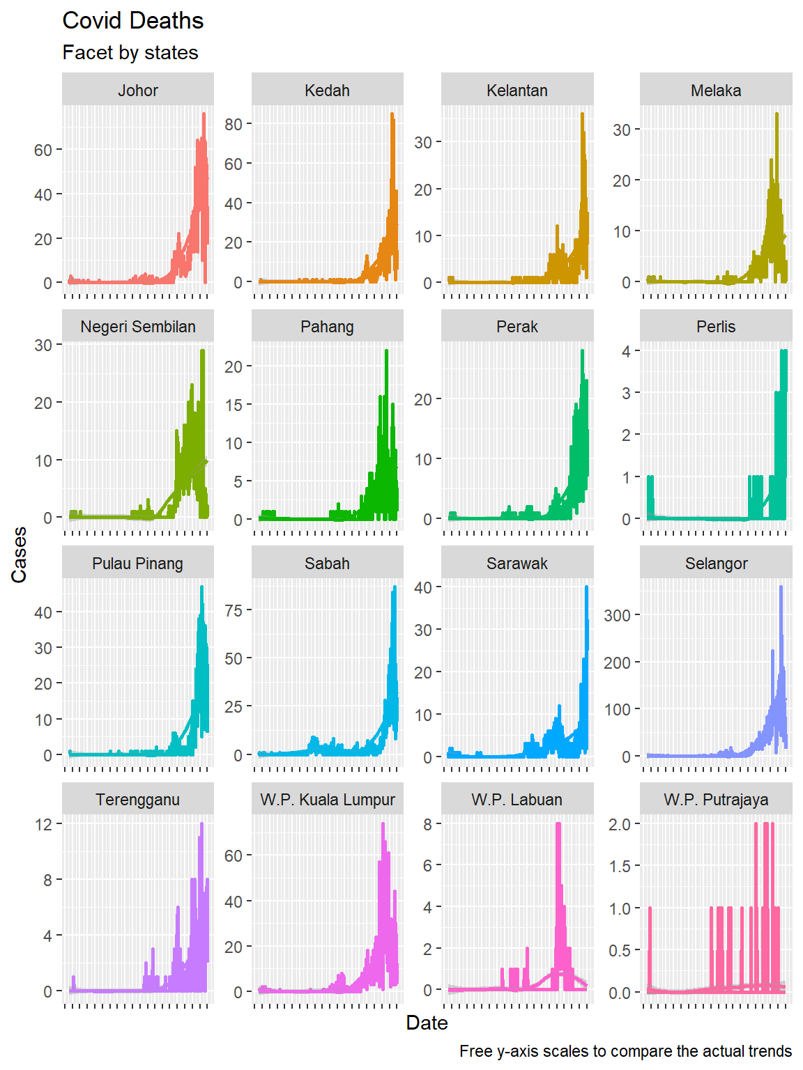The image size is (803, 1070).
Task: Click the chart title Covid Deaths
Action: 132,21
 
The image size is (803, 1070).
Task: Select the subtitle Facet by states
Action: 130,53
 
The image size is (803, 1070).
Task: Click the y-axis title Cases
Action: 19,555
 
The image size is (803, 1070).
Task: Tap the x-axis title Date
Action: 427,1023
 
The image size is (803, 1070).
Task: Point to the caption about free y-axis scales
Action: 625,1051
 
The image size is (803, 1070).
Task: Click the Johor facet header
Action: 137,90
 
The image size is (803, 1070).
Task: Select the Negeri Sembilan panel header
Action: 137,327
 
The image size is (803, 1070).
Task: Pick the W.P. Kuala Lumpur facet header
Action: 327,800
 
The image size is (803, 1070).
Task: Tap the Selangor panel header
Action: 716,564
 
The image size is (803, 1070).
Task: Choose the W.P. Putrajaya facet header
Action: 716,800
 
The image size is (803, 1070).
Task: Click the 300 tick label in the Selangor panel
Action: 617,616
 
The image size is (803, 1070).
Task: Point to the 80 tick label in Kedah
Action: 234,125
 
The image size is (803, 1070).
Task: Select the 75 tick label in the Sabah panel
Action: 234,610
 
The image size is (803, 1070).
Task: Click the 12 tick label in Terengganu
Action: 43,825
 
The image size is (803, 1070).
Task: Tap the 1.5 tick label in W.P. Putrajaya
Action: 619,867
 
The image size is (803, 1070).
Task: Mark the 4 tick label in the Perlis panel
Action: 626,352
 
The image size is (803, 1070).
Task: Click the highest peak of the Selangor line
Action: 781,588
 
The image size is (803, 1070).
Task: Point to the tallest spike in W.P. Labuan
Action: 558,825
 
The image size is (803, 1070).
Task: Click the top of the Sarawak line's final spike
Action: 586,588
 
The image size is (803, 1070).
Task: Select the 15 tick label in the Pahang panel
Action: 234,405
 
